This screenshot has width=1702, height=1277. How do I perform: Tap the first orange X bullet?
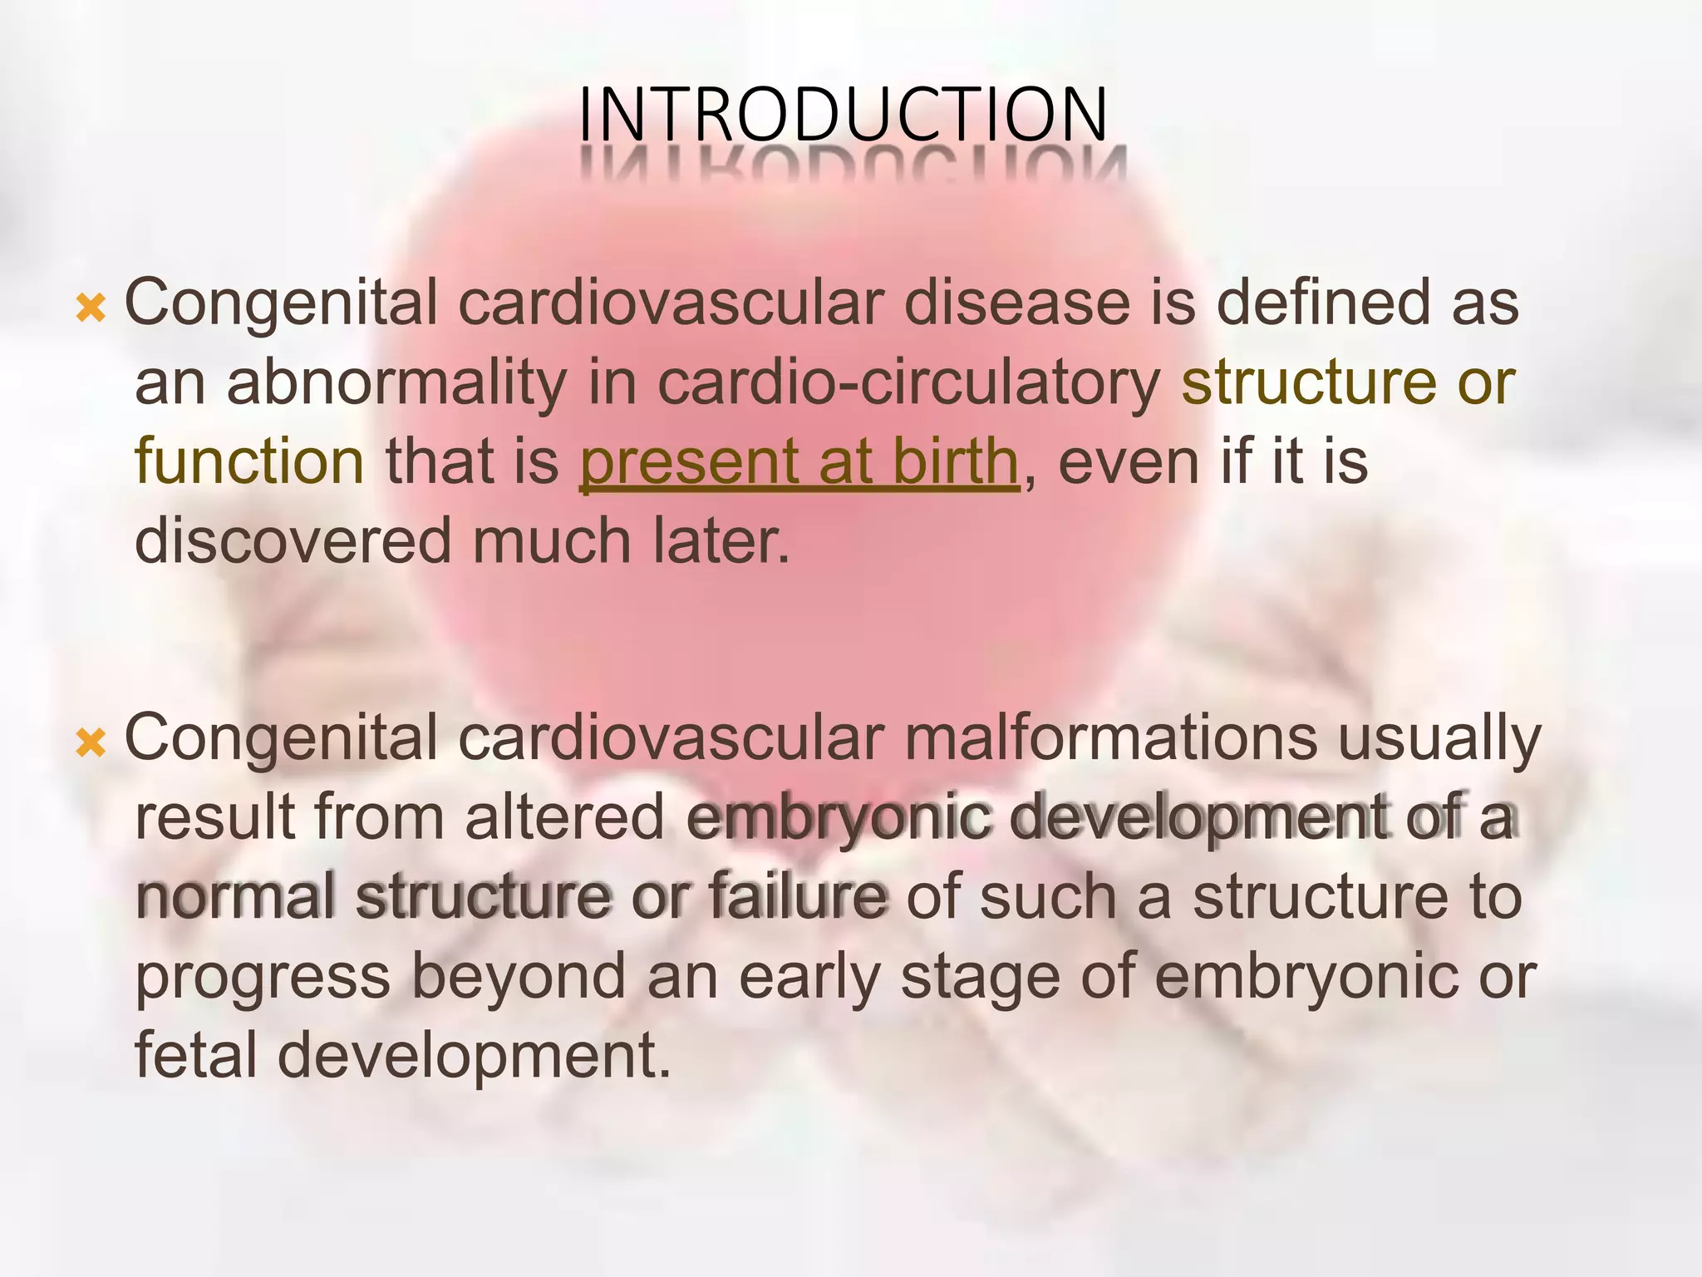tap(91, 308)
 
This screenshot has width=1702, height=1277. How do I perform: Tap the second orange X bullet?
tap(91, 742)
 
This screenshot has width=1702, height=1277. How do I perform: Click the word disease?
tap(1016, 303)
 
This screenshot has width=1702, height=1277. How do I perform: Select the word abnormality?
tap(396, 383)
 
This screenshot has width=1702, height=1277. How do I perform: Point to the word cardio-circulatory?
tap(909, 383)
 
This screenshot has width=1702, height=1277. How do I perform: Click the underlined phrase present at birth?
tap(799, 462)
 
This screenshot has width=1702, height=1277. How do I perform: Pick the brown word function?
tap(249, 462)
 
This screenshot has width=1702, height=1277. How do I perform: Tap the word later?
tap(721, 541)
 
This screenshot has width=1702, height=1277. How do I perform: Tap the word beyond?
tap(518, 977)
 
